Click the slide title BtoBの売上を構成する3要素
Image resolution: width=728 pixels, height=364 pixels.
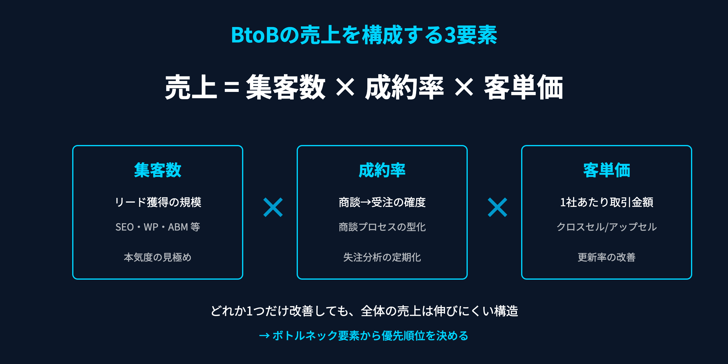click(x=364, y=35)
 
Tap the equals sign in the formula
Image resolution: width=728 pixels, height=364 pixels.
click(x=231, y=88)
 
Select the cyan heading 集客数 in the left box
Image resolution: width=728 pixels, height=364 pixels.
click(x=158, y=170)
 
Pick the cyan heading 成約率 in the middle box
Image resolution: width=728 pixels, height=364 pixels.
click(x=382, y=170)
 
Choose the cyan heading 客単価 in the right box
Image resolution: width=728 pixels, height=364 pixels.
click(x=606, y=170)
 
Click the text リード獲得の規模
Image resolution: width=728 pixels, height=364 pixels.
click(x=158, y=202)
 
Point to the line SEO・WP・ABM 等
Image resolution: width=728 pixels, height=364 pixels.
click(x=158, y=227)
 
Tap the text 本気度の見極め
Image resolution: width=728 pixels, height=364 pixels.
click(x=158, y=257)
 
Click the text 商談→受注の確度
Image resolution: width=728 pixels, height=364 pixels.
click(x=382, y=202)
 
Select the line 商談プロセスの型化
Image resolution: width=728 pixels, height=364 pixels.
click(x=382, y=227)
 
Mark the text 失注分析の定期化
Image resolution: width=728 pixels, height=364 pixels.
click(x=382, y=257)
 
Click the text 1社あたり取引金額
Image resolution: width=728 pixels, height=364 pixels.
click(x=606, y=202)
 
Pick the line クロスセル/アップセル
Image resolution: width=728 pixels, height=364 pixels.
click(x=606, y=227)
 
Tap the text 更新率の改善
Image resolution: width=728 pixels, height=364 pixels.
click(x=606, y=257)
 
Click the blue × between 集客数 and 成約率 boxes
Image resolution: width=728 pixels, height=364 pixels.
click(x=273, y=207)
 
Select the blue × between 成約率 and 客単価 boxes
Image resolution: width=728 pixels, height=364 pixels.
click(x=497, y=207)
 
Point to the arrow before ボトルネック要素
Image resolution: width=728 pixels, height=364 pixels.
click(x=264, y=336)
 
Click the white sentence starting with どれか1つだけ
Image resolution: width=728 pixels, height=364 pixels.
click(x=364, y=311)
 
